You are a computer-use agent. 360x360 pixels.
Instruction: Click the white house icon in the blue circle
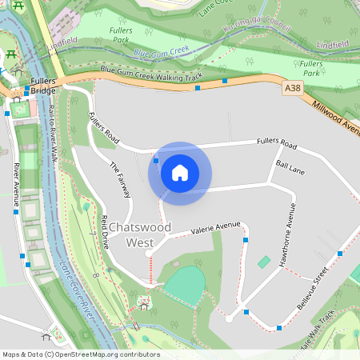click(x=180, y=172)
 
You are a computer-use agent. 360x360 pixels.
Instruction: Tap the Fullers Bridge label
click(x=50, y=86)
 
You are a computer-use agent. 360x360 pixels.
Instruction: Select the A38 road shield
click(x=293, y=93)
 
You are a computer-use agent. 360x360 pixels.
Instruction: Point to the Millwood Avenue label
click(x=336, y=114)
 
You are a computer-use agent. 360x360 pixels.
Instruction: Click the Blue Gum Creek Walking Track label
click(x=151, y=75)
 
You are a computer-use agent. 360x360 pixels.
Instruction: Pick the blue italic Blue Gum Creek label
click(x=162, y=53)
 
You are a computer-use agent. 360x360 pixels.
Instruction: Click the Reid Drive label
click(x=104, y=233)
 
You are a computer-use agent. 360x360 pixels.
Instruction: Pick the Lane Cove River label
click(x=77, y=293)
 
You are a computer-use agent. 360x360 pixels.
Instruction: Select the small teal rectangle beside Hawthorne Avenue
click(x=264, y=262)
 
